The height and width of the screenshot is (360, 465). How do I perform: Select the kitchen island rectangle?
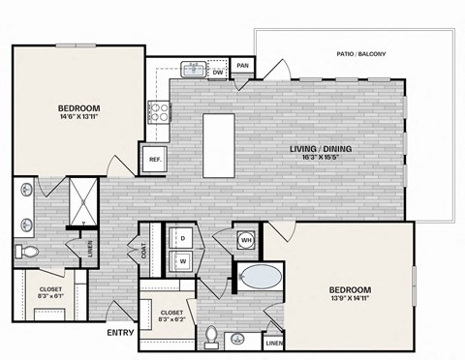point(217,146)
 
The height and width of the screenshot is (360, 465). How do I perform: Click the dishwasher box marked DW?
point(218,71)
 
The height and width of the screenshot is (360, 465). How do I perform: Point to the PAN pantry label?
point(242,66)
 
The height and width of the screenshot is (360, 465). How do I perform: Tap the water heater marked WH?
point(246,239)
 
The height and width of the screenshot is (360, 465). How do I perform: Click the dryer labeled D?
point(182,237)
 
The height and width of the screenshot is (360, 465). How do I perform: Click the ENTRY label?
point(120,333)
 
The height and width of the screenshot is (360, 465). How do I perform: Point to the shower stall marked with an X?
point(81,203)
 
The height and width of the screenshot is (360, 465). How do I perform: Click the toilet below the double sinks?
point(28,252)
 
